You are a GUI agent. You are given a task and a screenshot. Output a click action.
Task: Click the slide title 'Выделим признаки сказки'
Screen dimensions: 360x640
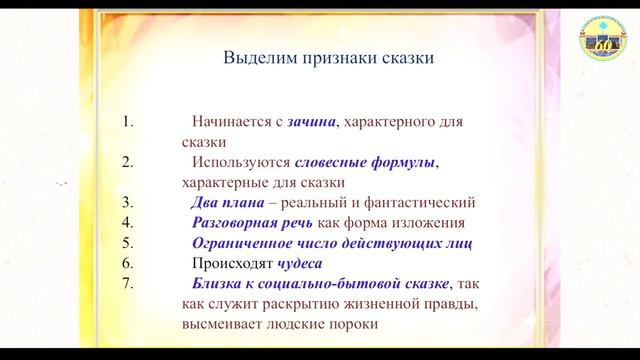click(x=327, y=58)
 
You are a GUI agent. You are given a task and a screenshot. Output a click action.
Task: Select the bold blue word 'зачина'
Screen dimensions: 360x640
click(x=310, y=122)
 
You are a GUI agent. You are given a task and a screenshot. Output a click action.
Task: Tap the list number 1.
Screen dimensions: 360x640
click(x=127, y=122)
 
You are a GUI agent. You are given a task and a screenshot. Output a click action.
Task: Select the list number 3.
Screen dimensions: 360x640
click(x=127, y=202)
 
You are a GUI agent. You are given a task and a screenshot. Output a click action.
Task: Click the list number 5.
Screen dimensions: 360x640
click(x=127, y=243)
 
